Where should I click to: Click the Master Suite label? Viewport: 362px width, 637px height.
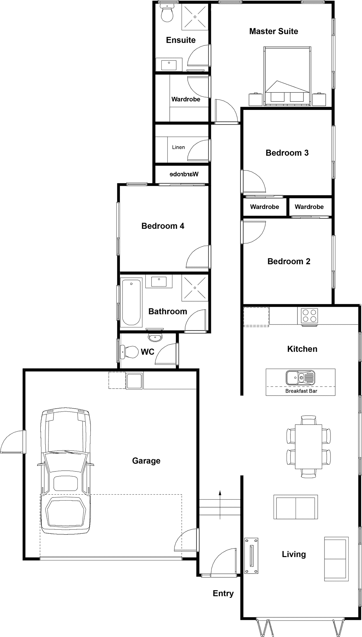pyautogui.click(x=274, y=31)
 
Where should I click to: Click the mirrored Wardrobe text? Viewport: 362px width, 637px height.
pyautogui.click(x=184, y=174)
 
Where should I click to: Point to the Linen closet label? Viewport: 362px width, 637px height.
pyautogui.click(x=178, y=147)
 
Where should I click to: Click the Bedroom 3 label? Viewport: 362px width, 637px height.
pyautogui.click(x=287, y=153)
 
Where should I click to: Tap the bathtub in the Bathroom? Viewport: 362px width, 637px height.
pyautogui.click(x=131, y=302)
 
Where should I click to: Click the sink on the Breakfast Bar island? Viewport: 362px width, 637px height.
pyautogui.click(x=300, y=377)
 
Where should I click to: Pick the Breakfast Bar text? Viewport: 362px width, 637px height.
pyautogui.click(x=301, y=391)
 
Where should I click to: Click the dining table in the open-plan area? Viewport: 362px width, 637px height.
pyautogui.click(x=308, y=447)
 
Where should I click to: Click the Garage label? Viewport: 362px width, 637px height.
pyautogui.click(x=146, y=461)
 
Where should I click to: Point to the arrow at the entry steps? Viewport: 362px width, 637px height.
pyautogui.click(x=220, y=505)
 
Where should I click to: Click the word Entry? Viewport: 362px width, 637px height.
pyautogui.click(x=223, y=593)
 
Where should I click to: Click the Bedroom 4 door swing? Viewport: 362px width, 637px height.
pyautogui.click(x=198, y=257)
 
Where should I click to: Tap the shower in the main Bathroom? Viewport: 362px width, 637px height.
pyautogui.click(x=194, y=288)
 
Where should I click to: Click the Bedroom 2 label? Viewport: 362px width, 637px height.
pyautogui.click(x=289, y=261)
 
